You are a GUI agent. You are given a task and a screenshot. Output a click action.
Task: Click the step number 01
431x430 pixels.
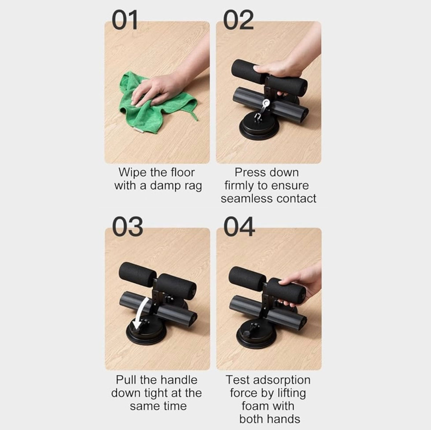(x=124, y=20)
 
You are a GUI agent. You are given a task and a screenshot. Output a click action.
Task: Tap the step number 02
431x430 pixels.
(x=238, y=20)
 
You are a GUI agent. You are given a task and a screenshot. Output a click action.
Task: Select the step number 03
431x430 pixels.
(x=127, y=226)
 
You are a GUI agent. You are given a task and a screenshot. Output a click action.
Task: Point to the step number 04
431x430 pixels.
(x=239, y=226)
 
